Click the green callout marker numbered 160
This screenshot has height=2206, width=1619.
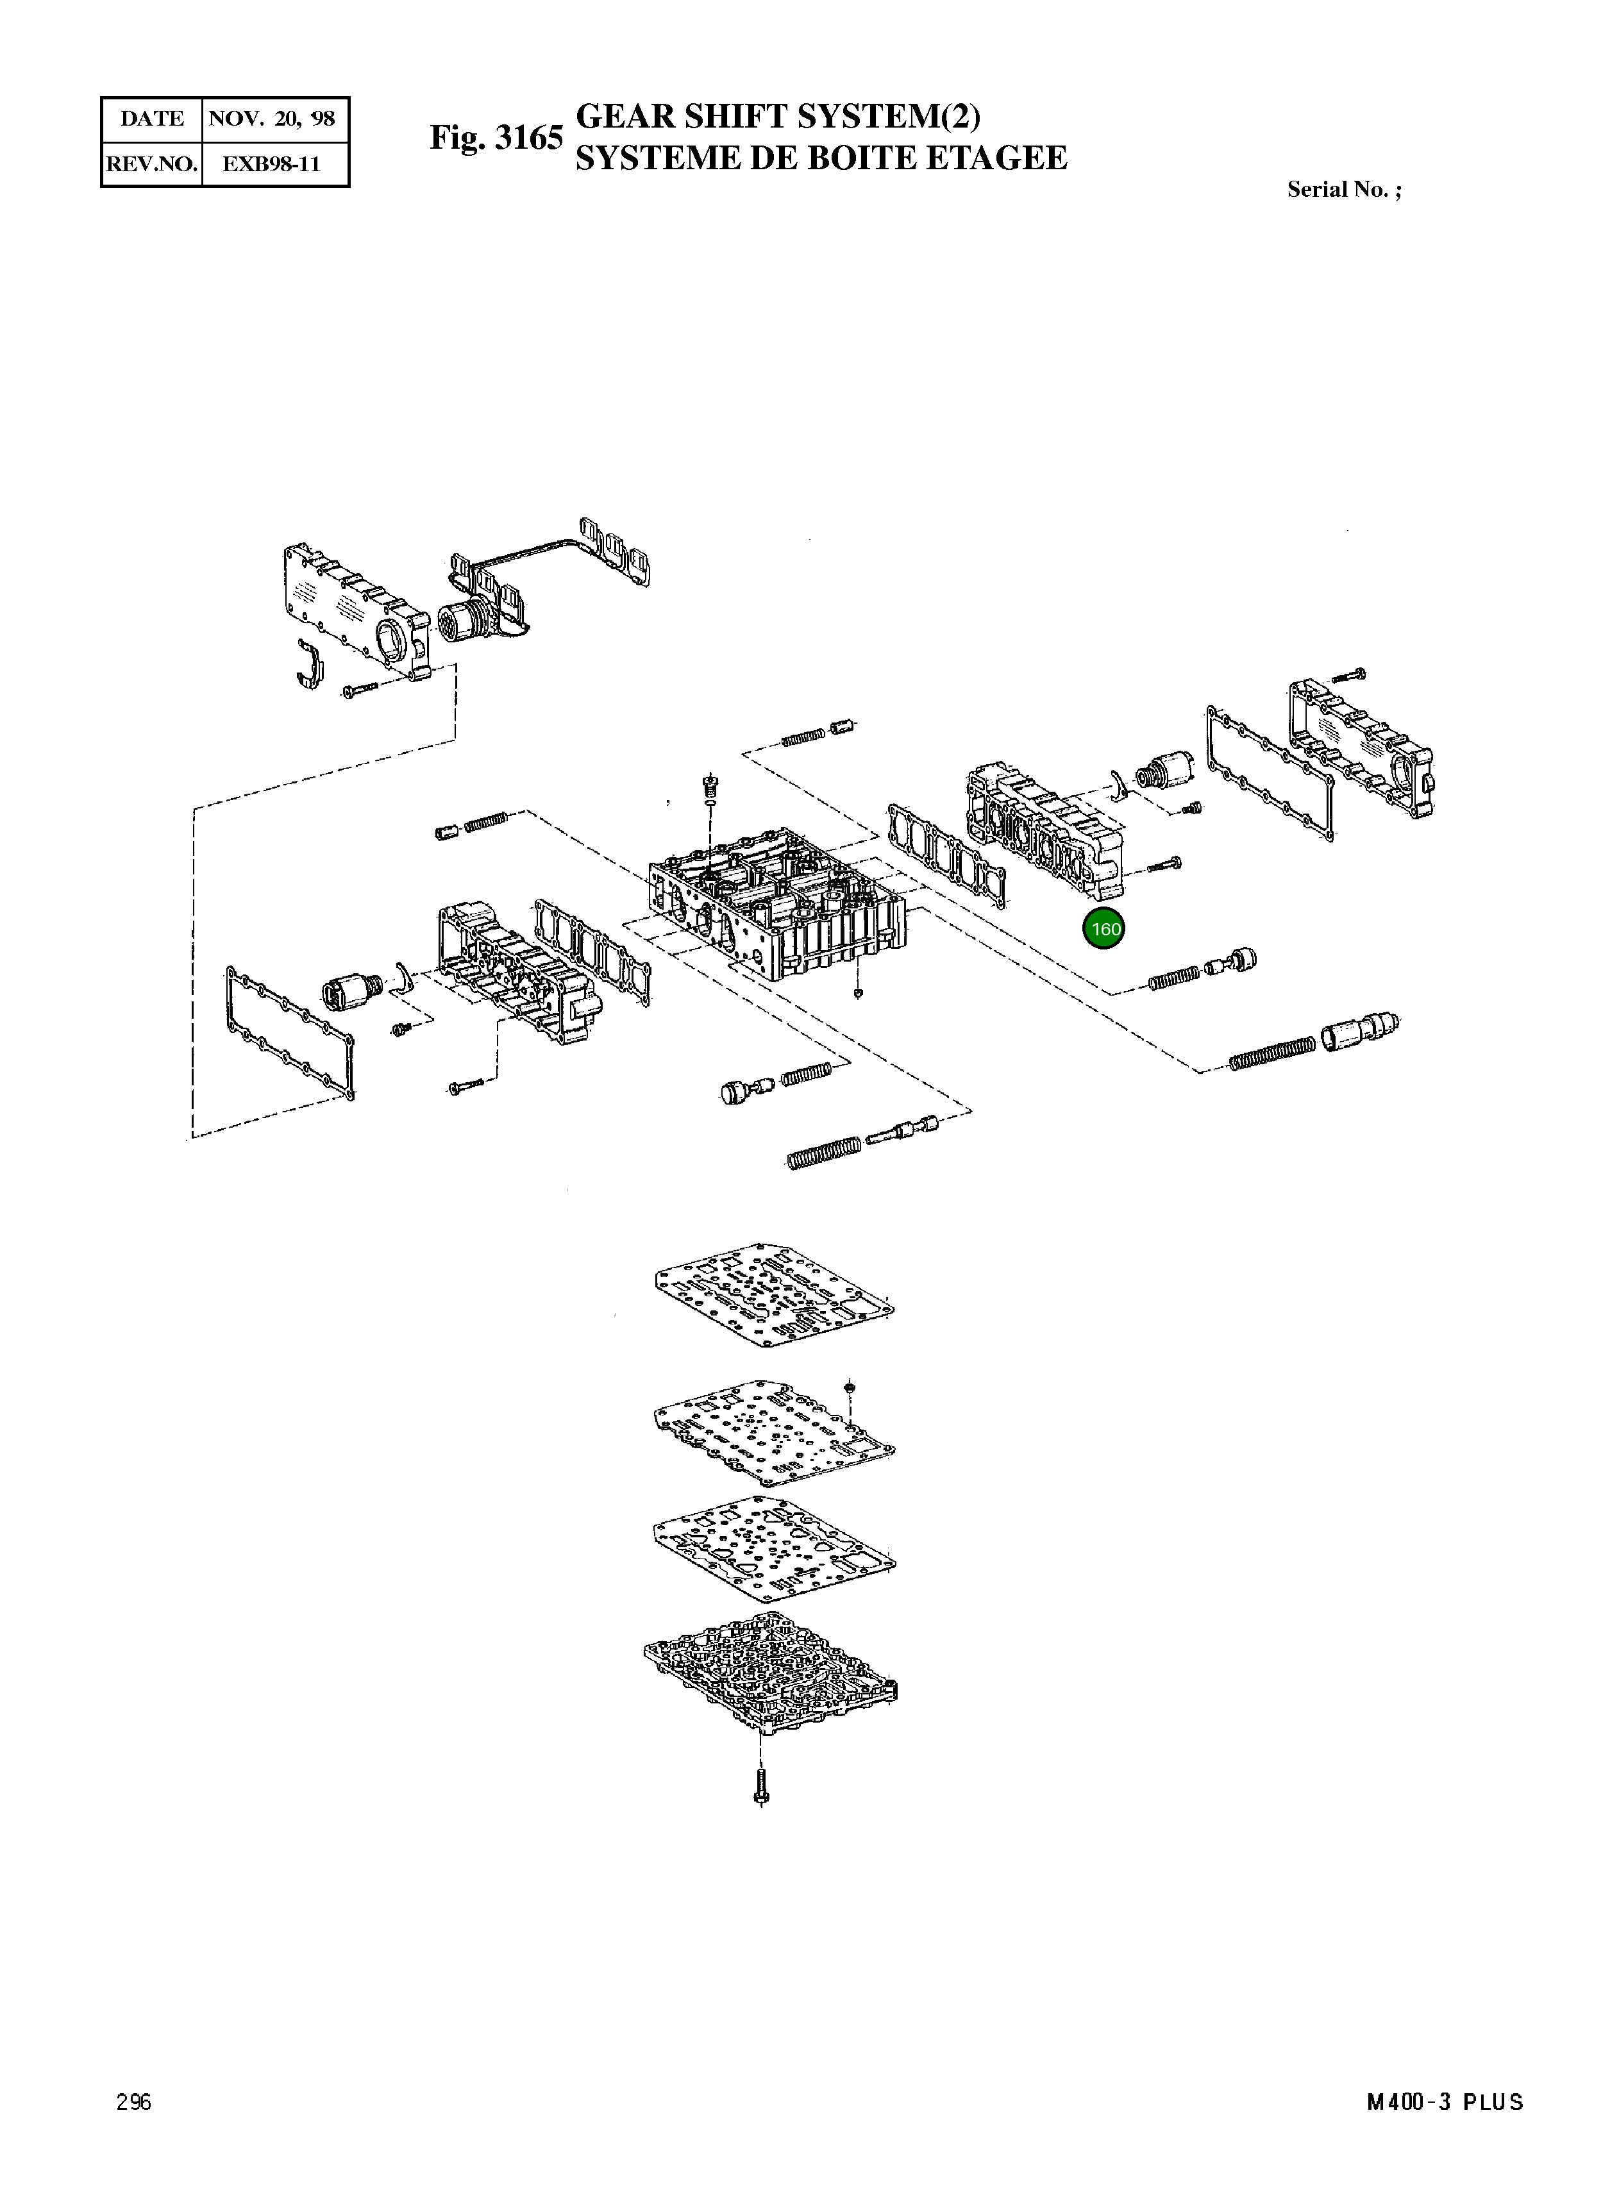[1105, 929]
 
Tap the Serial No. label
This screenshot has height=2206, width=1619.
[1344, 190]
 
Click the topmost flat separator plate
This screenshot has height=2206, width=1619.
[773, 1296]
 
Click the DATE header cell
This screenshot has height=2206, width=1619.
[152, 119]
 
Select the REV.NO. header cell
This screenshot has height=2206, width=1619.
[152, 163]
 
